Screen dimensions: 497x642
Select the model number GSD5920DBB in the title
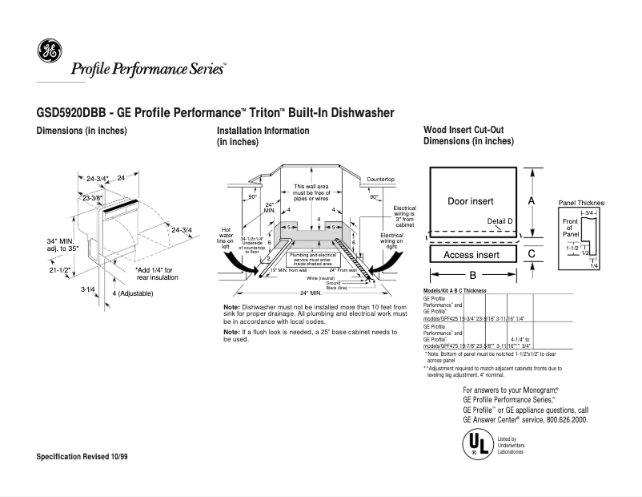pos(70,113)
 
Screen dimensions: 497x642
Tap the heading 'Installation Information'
pos(263,131)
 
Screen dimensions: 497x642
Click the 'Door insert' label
pos(470,200)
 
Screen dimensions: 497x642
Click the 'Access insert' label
pos(471,254)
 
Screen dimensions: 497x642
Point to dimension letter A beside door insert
pos(531,200)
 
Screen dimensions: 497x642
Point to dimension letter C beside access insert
pos(531,253)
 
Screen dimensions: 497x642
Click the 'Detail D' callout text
pos(500,220)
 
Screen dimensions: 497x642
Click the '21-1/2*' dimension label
pos(60,270)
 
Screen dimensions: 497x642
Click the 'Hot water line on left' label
pos(225,233)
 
